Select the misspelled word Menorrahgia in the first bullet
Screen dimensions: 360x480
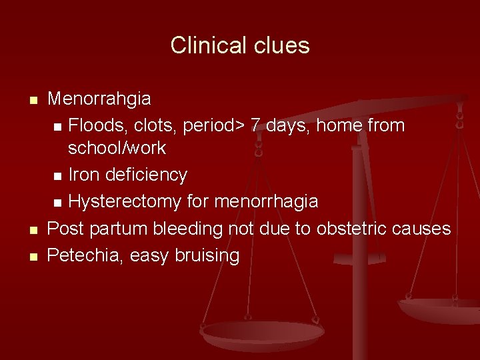99,99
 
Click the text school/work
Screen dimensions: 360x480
117,148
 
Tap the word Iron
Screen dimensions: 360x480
83,175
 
